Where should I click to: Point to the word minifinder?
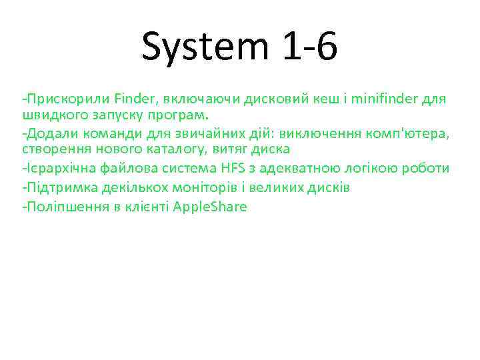pos(385,100)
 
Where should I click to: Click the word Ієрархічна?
pos(56,167)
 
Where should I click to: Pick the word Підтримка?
pos(57,187)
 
